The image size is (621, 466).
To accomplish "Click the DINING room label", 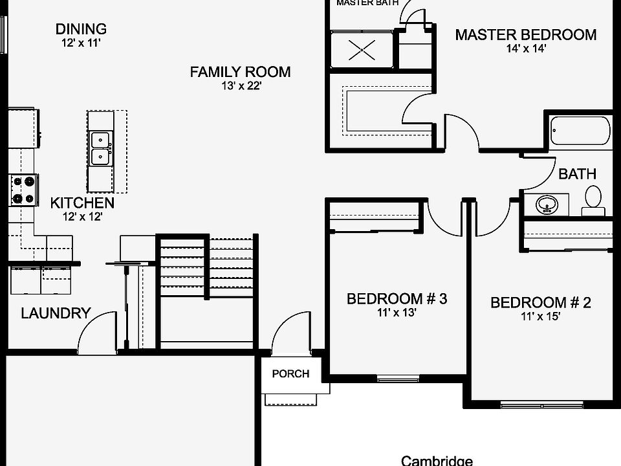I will [81, 29].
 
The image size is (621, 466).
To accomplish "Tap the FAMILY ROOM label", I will [240, 72].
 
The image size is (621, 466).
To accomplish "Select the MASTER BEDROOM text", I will [525, 35].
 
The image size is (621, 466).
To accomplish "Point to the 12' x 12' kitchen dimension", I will [82, 217].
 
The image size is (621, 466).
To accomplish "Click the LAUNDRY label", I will [56, 313].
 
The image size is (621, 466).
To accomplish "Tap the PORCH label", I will [290, 373].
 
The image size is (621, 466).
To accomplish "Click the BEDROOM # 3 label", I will [397, 299].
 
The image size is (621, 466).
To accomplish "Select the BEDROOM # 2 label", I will [540, 303].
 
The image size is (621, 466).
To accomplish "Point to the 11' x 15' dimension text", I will [540, 316].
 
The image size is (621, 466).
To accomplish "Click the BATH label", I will [577, 174].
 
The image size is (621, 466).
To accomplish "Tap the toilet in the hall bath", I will [593, 199].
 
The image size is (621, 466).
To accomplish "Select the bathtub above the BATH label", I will [580, 131].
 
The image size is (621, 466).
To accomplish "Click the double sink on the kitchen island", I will [100, 148].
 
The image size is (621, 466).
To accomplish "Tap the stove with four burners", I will [23, 190].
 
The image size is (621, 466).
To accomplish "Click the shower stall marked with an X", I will [361, 49].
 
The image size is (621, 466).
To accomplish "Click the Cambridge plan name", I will [437, 461].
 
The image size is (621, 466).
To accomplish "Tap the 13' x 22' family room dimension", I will [240, 86].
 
